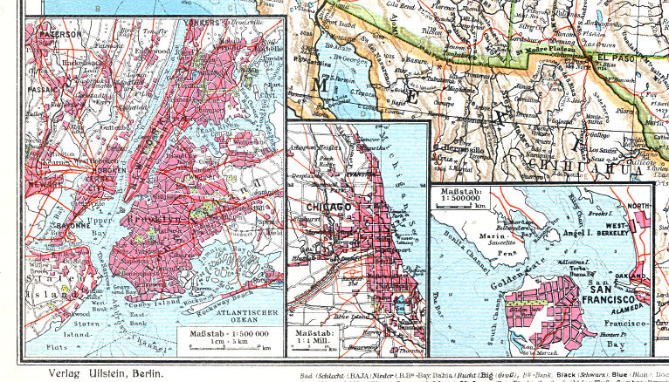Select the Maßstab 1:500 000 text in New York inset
[230, 333]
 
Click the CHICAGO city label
[328, 207]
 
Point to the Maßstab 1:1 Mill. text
[317, 338]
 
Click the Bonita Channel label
[462, 235]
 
